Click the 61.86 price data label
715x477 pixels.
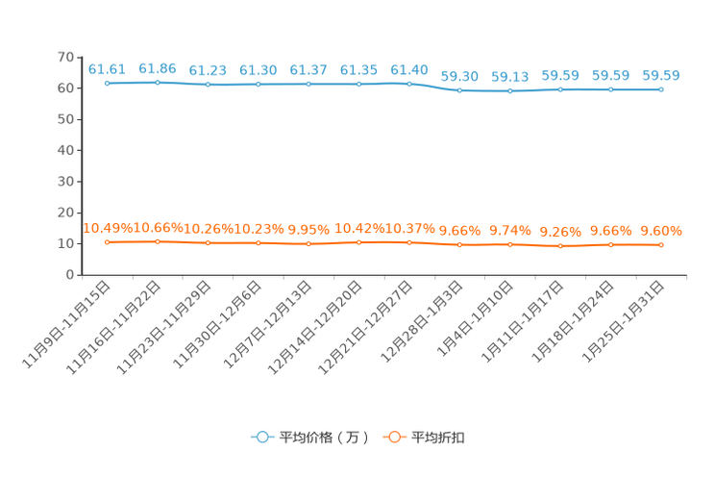tap(158, 69)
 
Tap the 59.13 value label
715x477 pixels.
tap(509, 77)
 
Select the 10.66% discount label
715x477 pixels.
tap(158, 227)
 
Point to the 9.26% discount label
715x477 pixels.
tap(560, 232)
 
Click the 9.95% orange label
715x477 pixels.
tap(308, 230)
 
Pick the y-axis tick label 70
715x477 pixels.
tap(65, 57)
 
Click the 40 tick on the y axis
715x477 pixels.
tap(65, 150)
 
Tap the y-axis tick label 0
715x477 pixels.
tap(70, 275)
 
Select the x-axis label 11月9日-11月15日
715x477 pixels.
tap(66, 324)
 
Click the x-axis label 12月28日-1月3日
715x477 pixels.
tap(422, 321)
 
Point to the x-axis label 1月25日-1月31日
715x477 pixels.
tap(623, 321)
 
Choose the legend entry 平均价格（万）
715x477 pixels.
tap(309, 438)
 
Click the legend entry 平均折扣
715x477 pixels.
tap(424, 438)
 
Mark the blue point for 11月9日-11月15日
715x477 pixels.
tap(108, 83)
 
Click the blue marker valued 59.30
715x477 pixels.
tap(459, 90)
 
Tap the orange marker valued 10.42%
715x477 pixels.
tap(358, 242)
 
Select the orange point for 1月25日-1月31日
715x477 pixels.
tap(661, 245)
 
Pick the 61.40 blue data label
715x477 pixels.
tap(409, 70)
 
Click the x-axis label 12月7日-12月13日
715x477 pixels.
tap(268, 324)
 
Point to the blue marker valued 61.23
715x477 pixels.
tap(208, 85)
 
